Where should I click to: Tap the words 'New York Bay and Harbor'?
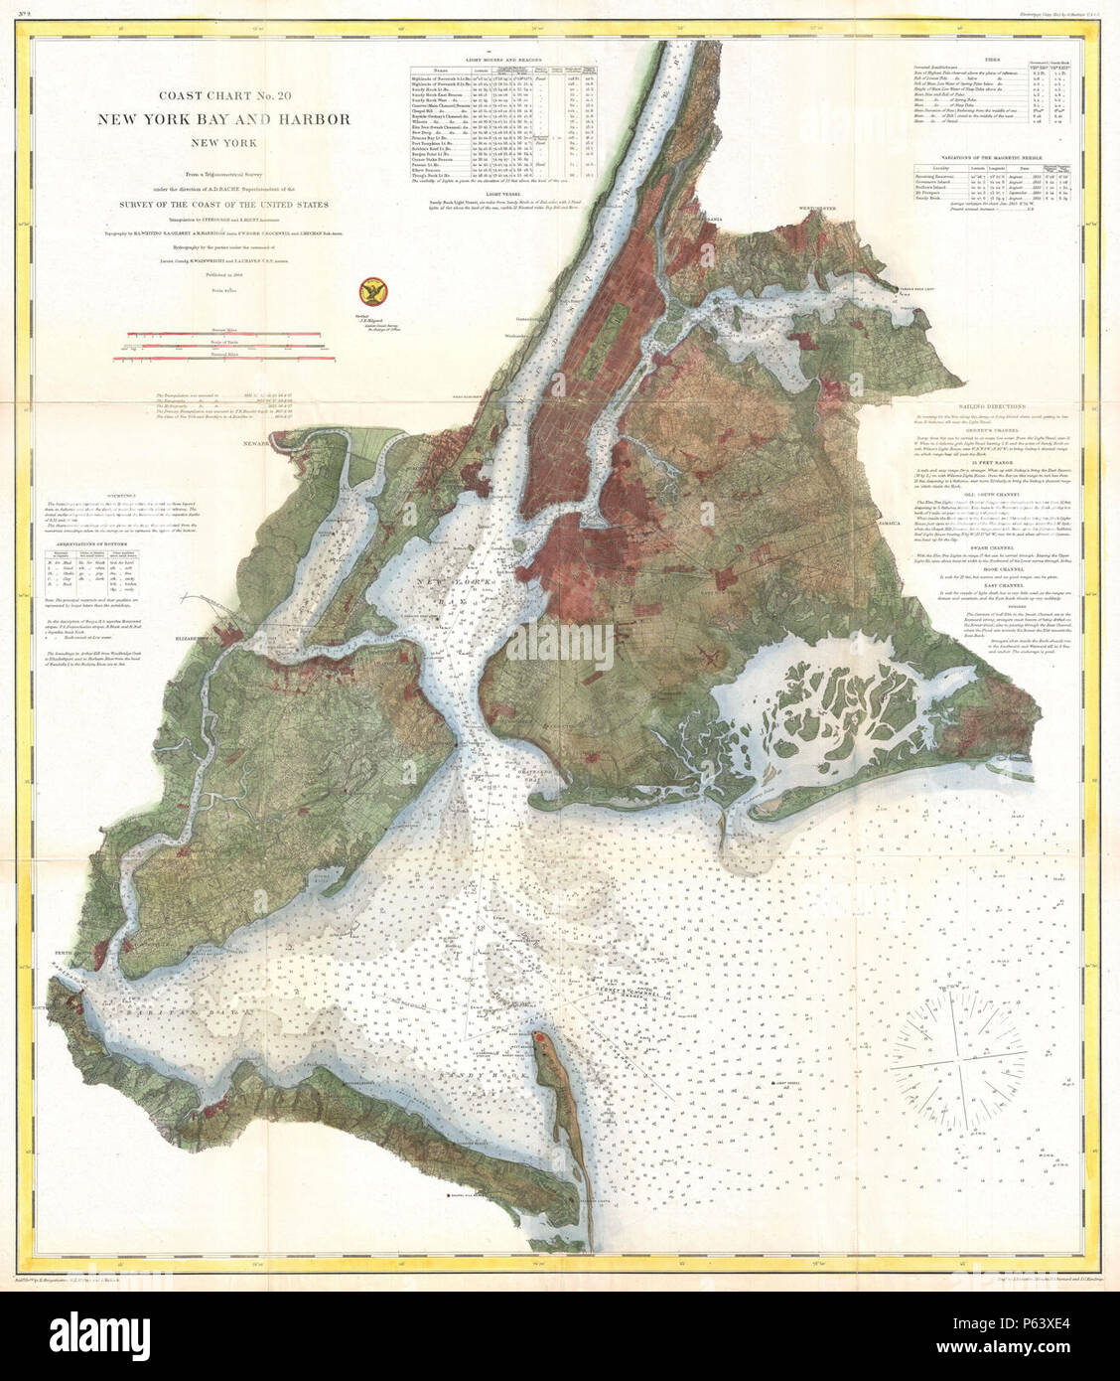(222, 119)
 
